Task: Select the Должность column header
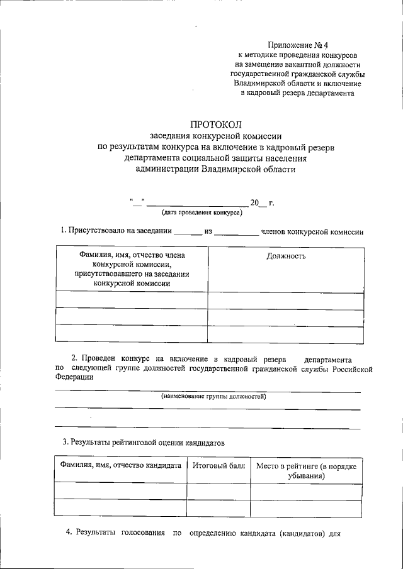pyautogui.click(x=286, y=257)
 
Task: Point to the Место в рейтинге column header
pyautogui.click(x=306, y=471)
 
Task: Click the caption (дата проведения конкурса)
pyautogui.click(x=201, y=213)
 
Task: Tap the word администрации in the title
pyautogui.click(x=162, y=169)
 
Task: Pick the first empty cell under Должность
pyautogui.click(x=285, y=301)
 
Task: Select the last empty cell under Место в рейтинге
pyautogui.click(x=306, y=508)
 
